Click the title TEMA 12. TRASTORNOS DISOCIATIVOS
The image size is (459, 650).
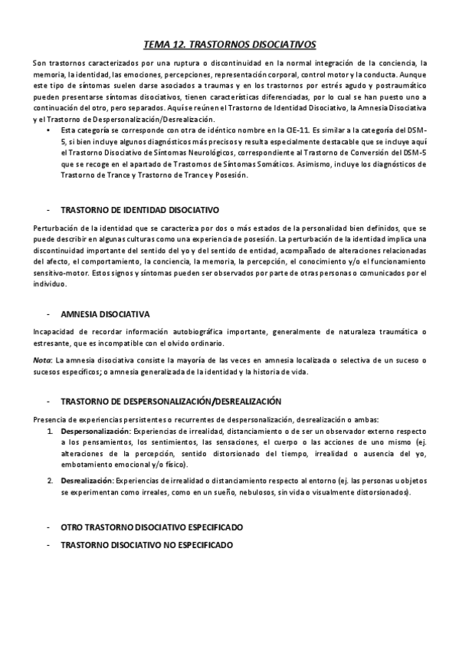(230, 44)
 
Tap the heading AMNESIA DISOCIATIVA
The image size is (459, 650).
(104, 315)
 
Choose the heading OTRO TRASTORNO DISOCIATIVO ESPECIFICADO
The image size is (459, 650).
(151, 528)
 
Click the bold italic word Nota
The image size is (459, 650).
(43, 359)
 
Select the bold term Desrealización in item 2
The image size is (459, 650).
(87, 480)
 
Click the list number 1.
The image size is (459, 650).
(50, 432)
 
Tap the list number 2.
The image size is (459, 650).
(50, 480)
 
